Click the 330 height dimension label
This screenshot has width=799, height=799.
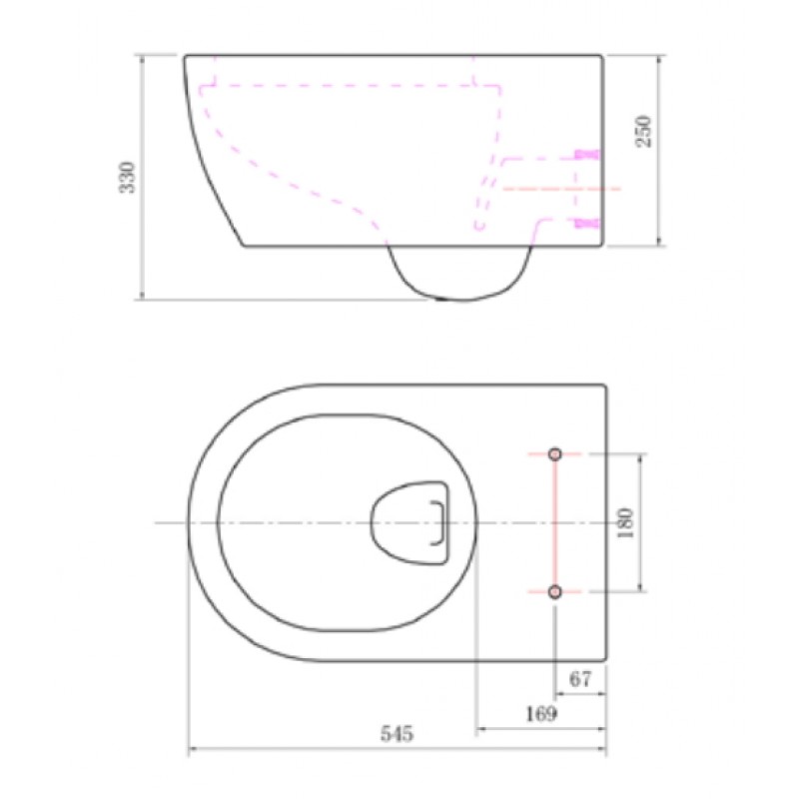128,178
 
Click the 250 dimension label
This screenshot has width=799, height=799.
643,131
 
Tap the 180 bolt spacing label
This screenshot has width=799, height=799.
625,522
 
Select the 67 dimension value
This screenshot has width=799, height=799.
580,679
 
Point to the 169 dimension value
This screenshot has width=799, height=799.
541,713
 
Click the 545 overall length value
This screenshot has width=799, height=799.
397,734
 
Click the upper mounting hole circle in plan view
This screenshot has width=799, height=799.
555,453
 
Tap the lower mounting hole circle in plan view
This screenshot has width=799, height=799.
555,591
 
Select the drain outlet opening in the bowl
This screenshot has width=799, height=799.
409,522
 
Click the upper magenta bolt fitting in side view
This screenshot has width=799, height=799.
586,154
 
